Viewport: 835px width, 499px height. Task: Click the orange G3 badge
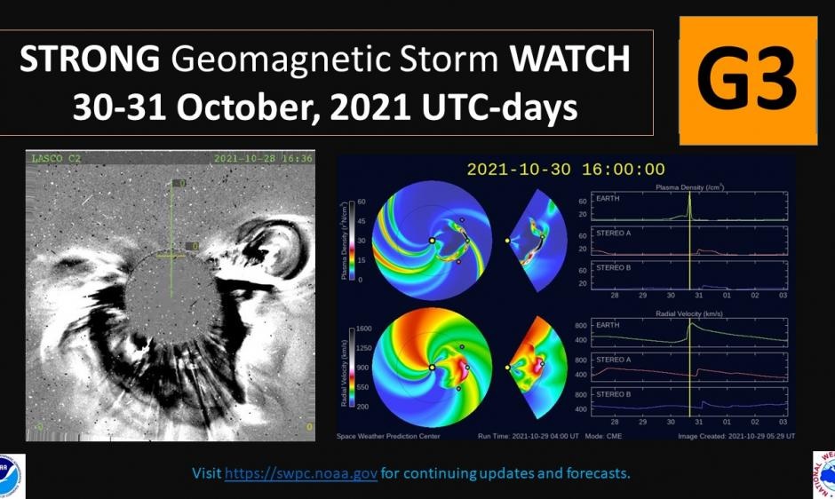pyautogui.click(x=747, y=81)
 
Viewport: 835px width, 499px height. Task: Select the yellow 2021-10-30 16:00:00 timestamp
pyautogui.click(x=566, y=169)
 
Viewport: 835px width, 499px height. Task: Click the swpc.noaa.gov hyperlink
pyautogui.click(x=301, y=473)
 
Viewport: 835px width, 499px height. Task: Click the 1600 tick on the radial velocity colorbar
pyautogui.click(x=362, y=328)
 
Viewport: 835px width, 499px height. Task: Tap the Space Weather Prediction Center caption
pyautogui.click(x=388, y=436)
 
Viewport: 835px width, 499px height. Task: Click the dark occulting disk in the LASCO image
pyautogui.click(x=170, y=302)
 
